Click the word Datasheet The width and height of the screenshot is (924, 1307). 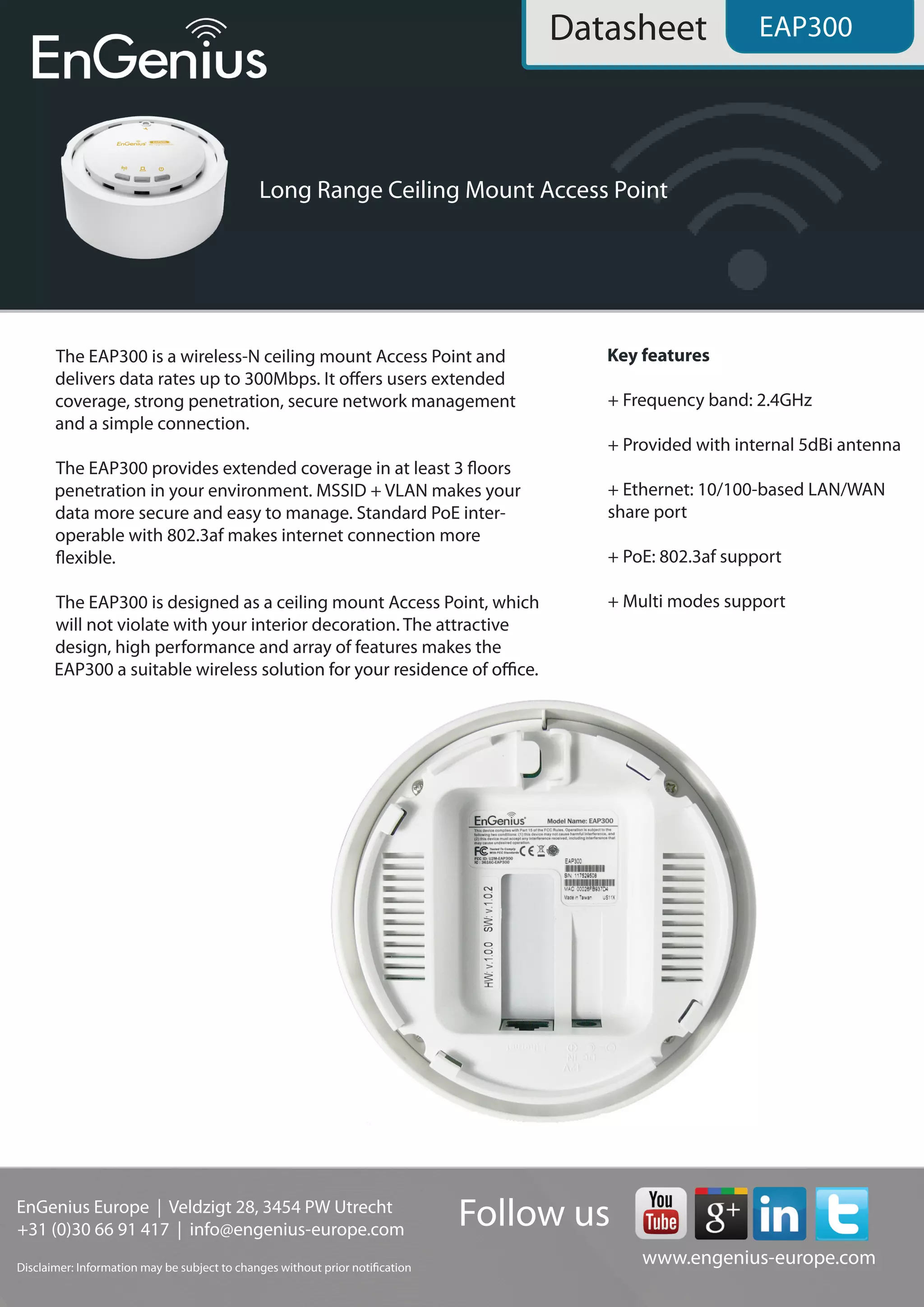point(628,28)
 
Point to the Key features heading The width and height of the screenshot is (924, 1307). point(658,356)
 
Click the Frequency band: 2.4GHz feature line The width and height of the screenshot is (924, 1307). point(710,400)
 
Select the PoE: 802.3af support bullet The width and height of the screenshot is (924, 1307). point(694,557)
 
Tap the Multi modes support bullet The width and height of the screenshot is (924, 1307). point(697,602)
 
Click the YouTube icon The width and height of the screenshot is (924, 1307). point(660,1213)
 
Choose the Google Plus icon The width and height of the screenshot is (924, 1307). point(721,1213)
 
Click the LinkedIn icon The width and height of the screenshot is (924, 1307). point(779,1213)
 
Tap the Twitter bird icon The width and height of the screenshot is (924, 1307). point(841,1213)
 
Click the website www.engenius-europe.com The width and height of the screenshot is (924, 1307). point(758,1257)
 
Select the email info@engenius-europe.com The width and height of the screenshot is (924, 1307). point(296,1229)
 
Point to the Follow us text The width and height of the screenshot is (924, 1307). point(534,1213)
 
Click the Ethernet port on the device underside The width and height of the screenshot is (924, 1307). point(527,1024)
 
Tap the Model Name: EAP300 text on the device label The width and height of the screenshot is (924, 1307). point(580,821)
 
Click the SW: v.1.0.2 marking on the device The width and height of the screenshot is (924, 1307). point(488,908)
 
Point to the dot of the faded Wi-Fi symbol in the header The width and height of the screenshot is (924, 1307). point(747,270)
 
